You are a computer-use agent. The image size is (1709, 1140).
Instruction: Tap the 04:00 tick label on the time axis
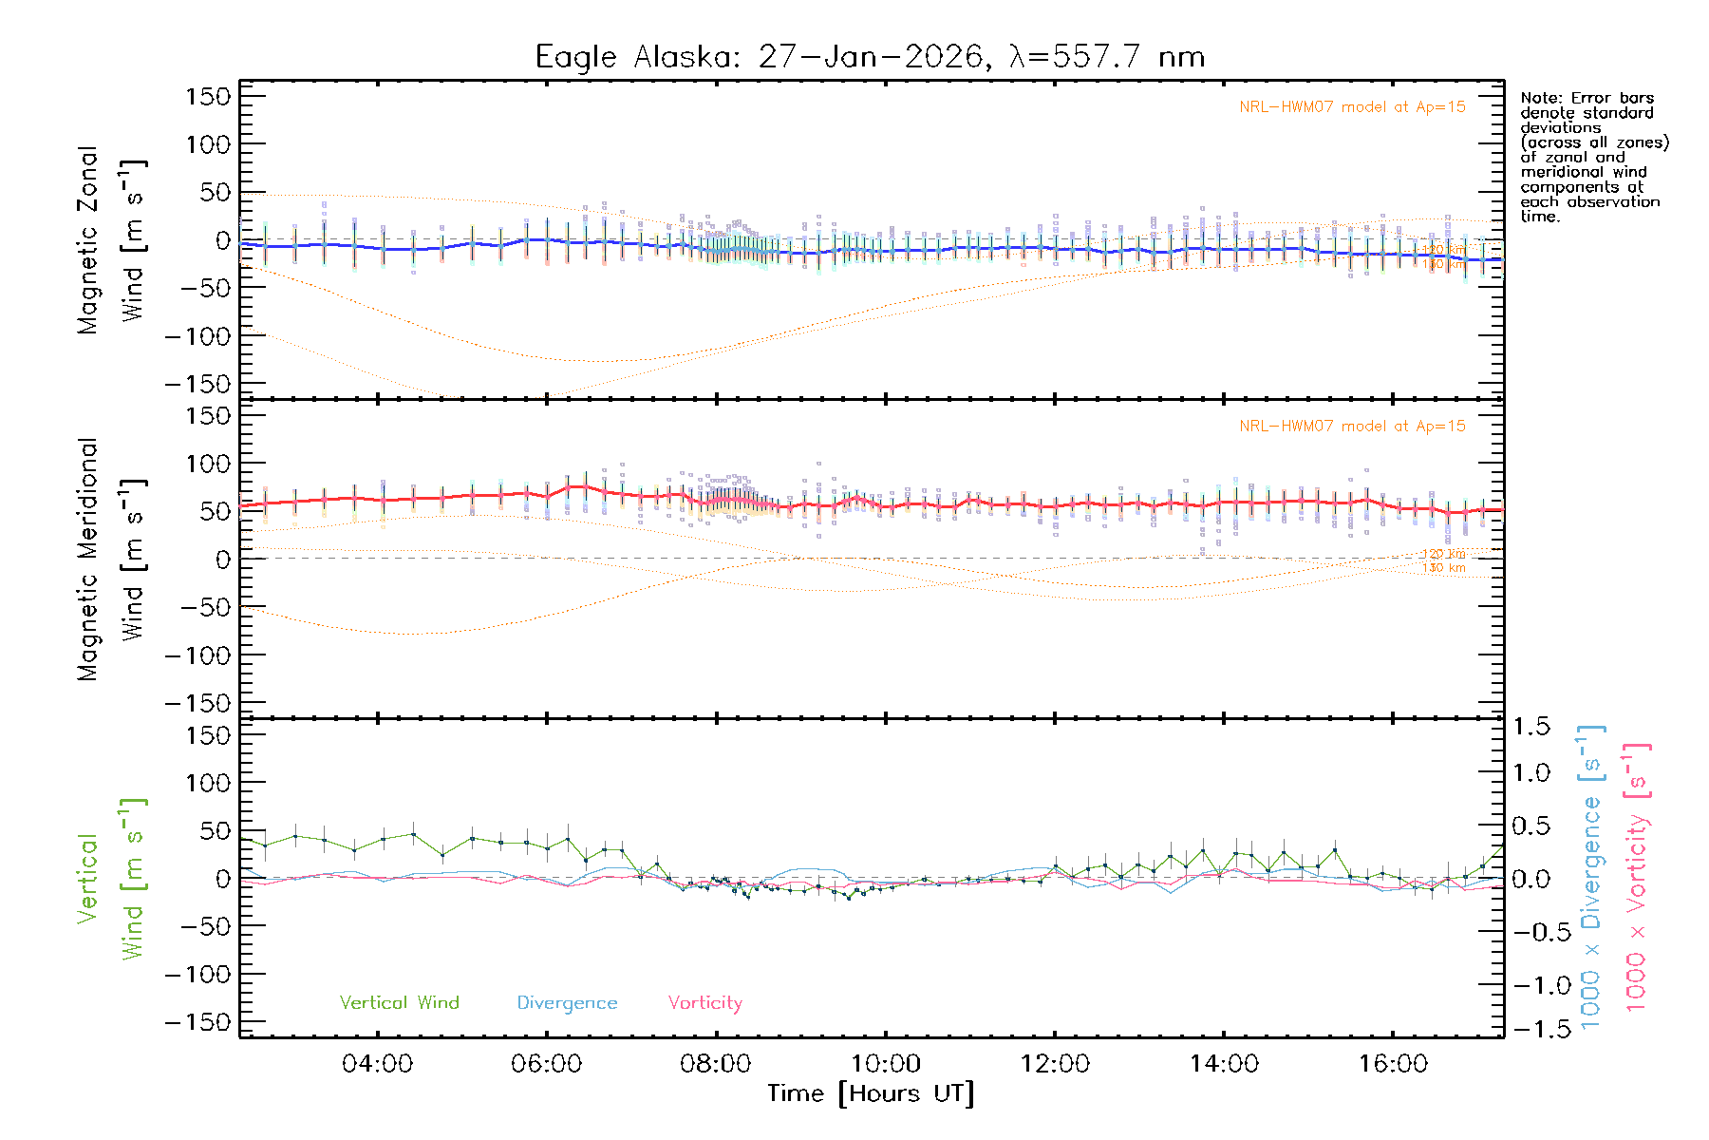tap(377, 1064)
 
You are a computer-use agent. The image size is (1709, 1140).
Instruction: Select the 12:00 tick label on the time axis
tap(1054, 1064)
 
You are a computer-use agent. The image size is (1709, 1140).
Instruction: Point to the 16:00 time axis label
tap(1393, 1064)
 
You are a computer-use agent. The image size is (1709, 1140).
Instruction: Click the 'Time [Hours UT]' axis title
tap(870, 1094)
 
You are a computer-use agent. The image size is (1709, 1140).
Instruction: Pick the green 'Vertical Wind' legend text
tap(399, 1003)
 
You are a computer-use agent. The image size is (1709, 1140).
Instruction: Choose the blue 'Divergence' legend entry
tap(567, 1003)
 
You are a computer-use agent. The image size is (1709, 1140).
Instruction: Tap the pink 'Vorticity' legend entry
tap(704, 1003)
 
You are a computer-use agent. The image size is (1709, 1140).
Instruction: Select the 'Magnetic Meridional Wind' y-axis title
tap(110, 560)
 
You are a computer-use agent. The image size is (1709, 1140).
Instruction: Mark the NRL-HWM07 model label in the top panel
tap(1352, 107)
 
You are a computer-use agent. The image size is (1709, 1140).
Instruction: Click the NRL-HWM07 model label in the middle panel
tap(1352, 427)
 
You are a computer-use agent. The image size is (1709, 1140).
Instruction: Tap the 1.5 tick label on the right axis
tap(1531, 727)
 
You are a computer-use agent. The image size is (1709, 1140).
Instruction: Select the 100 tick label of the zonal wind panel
tap(208, 144)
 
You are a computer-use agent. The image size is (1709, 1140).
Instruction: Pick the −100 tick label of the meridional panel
tap(198, 655)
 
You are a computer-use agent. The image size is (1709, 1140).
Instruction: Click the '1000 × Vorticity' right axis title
tap(1637, 876)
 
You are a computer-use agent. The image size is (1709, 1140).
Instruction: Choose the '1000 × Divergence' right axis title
tap(1591, 876)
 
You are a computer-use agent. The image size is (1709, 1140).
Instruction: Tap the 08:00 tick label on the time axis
tap(716, 1064)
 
